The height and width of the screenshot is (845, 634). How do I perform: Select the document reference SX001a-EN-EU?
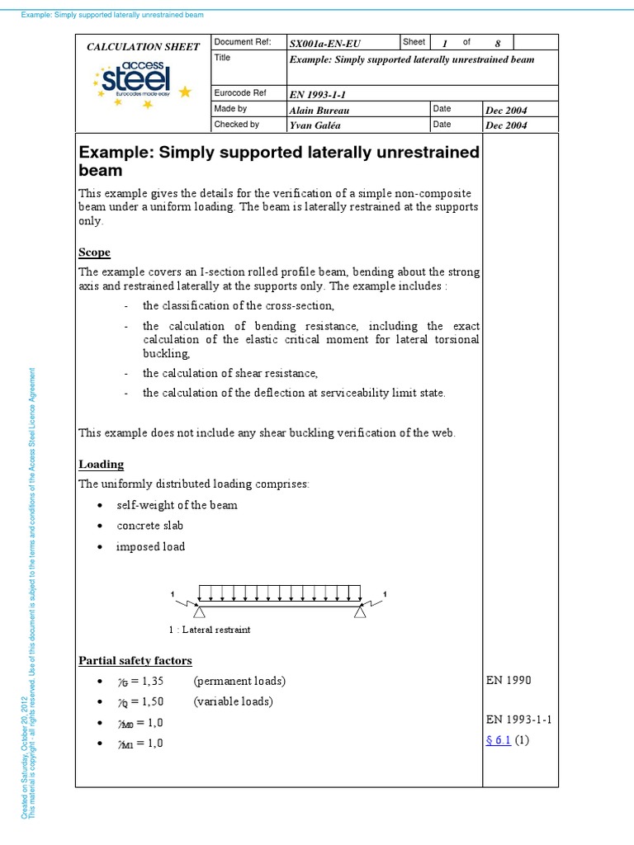pos(326,42)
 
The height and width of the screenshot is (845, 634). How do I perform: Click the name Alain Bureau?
pos(318,110)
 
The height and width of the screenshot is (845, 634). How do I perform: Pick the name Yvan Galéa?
pos(315,125)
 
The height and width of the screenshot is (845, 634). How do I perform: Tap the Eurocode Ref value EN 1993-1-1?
pos(319,94)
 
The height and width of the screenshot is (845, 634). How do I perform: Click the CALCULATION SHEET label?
pos(144,47)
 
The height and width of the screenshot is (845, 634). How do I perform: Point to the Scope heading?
pos(94,253)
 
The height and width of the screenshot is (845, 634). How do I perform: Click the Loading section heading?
pos(101,465)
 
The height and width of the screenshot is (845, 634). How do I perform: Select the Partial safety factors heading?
pos(135,660)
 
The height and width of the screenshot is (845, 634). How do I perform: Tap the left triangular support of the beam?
pos(198,611)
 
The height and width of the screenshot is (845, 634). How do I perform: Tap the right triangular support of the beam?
pos(360,611)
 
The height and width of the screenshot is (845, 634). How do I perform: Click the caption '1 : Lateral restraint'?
pos(209,630)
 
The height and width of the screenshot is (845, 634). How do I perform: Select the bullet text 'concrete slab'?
pos(150,526)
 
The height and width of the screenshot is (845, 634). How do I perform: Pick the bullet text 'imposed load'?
pos(150,546)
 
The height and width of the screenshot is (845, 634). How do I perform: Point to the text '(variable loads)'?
pos(233,701)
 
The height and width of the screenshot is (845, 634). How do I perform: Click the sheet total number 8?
pos(498,43)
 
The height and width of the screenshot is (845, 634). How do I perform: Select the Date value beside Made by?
pos(507,111)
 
